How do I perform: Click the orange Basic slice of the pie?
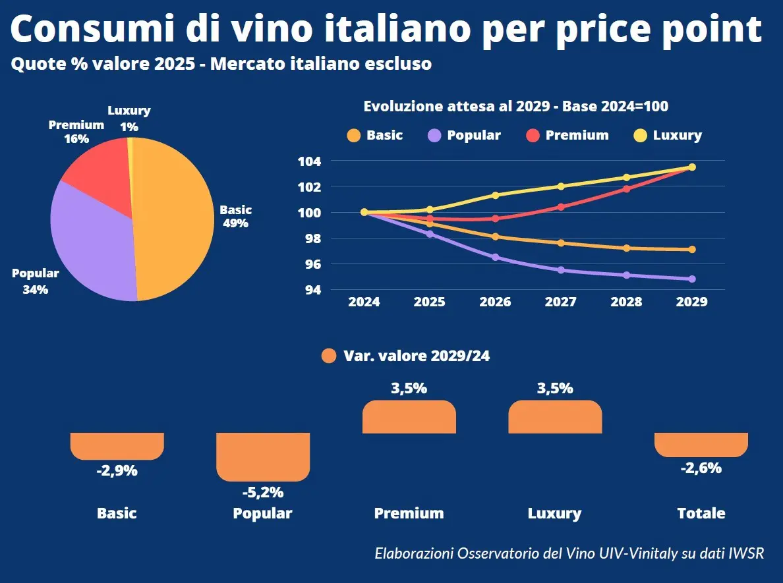[x=175, y=217]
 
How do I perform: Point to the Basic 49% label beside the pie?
[x=235, y=216]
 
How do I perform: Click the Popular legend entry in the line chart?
[x=465, y=135]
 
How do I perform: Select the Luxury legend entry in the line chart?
[x=668, y=135]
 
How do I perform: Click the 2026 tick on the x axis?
[x=495, y=302]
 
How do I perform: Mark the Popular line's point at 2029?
[x=692, y=279]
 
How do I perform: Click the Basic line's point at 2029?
[x=692, y=249]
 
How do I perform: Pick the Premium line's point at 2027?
[x=561, y=207]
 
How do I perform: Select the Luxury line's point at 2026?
[x=495, y=195]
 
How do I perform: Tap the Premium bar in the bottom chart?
[x=409, y=417]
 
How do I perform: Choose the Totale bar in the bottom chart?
[x=701, y=444]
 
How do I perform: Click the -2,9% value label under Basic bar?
[x=117, y=470]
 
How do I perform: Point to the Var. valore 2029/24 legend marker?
[x=330, y=356]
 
